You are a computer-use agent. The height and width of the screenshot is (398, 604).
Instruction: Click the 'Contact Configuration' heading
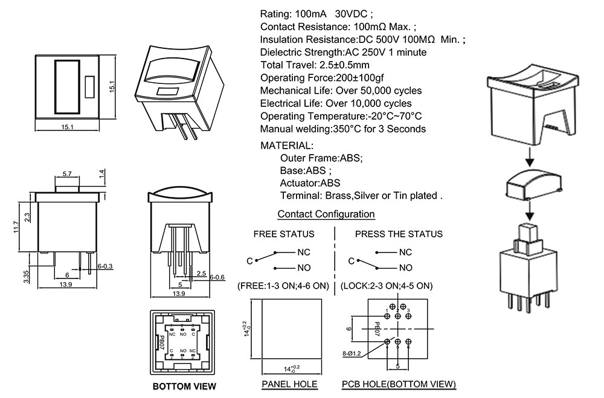(326, 214)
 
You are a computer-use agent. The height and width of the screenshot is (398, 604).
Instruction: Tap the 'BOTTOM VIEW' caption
(184, 387)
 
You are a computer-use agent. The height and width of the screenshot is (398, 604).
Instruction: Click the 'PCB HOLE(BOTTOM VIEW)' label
(398, 384)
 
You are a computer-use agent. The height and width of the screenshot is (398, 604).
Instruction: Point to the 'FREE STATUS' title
(283, 234)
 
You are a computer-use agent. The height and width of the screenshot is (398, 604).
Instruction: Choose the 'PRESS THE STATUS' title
(398, 234)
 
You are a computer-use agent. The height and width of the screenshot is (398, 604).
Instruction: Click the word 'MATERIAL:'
(287, 146)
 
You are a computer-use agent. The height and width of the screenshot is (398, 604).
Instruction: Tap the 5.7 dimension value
(68, 174)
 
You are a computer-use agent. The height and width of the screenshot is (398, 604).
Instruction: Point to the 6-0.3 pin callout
(104, 266)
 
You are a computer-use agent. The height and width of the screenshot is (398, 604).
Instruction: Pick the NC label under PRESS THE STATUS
(405, 252)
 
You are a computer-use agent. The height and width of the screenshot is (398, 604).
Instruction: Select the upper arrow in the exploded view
(528, 158)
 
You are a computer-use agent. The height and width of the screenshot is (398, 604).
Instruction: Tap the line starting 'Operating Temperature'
(341, 116)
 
